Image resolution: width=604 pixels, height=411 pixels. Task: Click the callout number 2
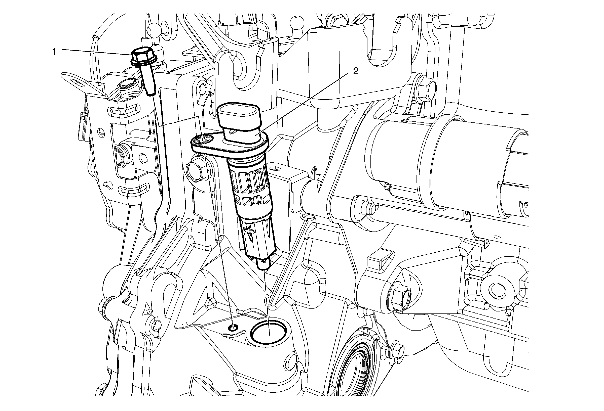[x=356, y=71]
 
